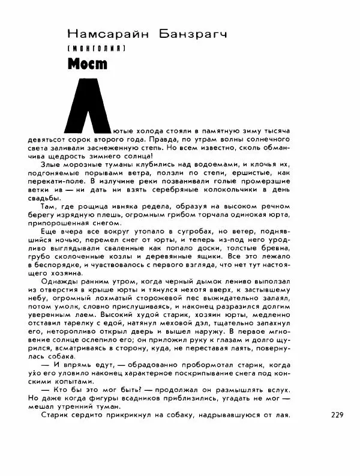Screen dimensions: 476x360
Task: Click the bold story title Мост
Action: (85, 62)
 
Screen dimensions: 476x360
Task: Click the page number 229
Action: (338, 414)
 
